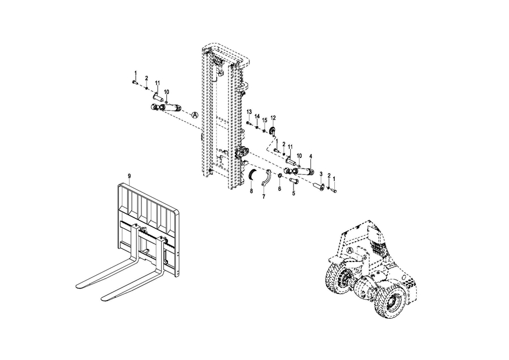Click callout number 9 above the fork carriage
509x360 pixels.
(x=129, y=176)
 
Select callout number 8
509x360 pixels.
(x=251, y=191)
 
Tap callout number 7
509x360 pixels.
(x=264, y=196)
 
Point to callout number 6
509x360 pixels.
(x=279, y=188)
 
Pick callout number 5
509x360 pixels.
(x=294, y=193)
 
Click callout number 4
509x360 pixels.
(x=310, y=156)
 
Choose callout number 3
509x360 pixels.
(x=321, y=174)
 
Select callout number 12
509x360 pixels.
(x=273, y=118)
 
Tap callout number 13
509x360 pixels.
(x=249, y=112)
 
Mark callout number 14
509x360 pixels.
(x=257, y=116)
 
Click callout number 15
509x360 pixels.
(x=265, y=120)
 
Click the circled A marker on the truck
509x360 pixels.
(x=350, y=250)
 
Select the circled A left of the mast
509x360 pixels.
(x=195, y=115)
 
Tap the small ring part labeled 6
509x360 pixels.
(x=279, y=176)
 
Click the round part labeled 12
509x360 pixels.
(x=273, y=131)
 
